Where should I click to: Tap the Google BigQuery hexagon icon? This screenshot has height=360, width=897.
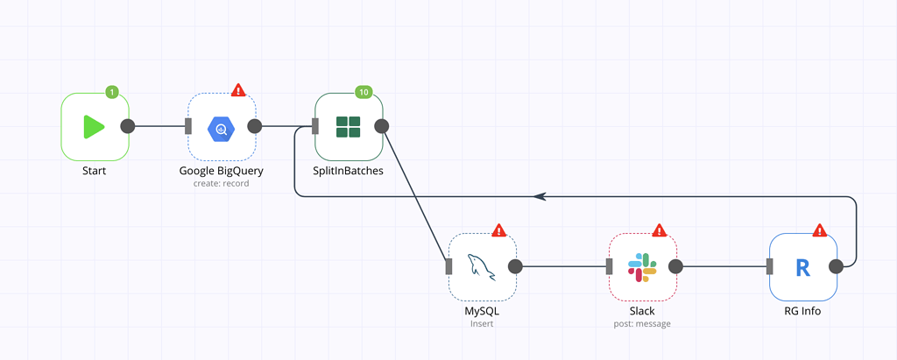point(222,128)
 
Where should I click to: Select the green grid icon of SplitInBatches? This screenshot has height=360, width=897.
point(348,126)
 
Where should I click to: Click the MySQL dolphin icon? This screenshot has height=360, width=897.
point(481,266)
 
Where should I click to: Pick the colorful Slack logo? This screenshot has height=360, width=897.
point(642,266)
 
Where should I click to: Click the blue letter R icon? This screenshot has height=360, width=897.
point(803,267)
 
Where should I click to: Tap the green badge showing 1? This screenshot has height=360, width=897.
point(112,92)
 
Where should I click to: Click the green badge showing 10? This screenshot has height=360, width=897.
point(364,92)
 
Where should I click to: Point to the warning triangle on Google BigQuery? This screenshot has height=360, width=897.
point(238,90)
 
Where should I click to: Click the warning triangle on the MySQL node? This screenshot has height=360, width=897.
point(498,230)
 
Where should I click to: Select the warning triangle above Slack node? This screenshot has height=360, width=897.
point(660,230)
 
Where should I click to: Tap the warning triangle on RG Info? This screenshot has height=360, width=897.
point(820,230)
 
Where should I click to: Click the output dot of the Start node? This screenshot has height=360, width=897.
point(128,126)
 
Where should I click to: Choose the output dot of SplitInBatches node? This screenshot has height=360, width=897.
point(381,126)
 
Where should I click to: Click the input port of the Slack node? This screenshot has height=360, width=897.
point(610,266)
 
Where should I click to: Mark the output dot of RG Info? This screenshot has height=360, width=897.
point(836,266)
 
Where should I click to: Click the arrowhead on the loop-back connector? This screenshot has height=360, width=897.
point(539,196)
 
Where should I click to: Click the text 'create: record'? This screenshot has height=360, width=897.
point(222,184)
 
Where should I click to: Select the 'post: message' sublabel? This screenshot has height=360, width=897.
point(642,324)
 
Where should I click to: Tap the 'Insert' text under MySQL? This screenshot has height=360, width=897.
point(482,323)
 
